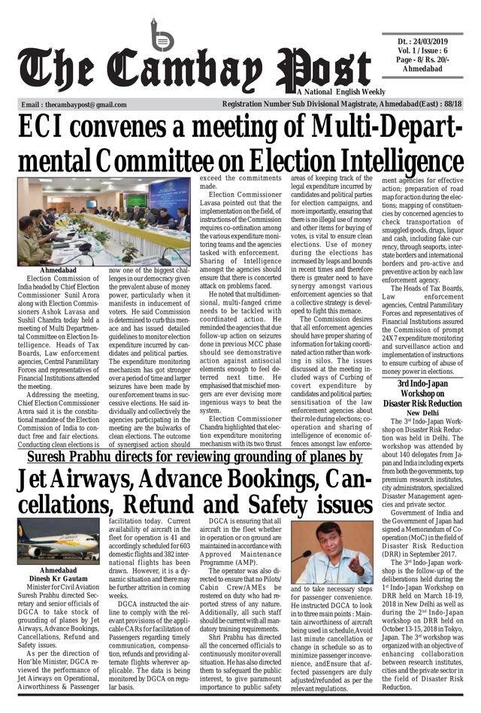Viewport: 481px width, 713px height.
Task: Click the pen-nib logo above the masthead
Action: tap(161, 35)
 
